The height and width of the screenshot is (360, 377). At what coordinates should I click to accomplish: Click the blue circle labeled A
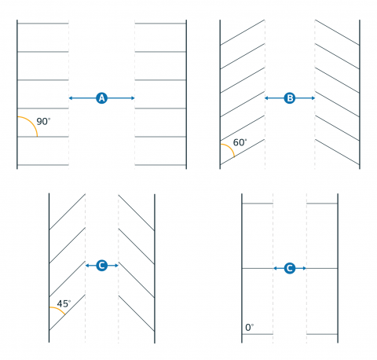tap(101, 98)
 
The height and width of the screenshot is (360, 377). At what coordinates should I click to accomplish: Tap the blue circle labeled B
tap(290, 98)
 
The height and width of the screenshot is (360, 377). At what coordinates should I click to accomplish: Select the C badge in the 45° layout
tap(102, 266)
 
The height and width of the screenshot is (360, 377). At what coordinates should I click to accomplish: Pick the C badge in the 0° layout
tap(290, 268)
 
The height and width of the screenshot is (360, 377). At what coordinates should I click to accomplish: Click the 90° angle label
tap(43, 122)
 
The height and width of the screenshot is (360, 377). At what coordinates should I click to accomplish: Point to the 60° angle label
tap(240, 142)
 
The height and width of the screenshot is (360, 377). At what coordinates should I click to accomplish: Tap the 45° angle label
tap(64, 303)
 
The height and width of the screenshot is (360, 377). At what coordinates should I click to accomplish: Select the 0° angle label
tap(249, 328)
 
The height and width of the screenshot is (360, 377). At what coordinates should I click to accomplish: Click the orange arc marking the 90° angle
tap(32, 122)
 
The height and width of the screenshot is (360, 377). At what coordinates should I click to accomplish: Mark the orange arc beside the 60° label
tap(230, 148)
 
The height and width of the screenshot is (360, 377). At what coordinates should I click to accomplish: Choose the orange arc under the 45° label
tap(59, 310)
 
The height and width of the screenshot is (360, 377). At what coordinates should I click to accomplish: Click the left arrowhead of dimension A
tap(71, 98)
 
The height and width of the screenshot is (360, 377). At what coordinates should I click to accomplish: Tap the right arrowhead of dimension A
tap(133, 98)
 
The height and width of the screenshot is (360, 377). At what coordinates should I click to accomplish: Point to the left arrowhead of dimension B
tap(266, 98)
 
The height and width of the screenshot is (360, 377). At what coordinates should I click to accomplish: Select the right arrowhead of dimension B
tap(313, 98)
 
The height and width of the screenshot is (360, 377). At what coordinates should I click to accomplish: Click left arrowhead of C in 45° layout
tap(87, 266)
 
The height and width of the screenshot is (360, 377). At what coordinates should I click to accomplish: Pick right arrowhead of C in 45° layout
tap(116, 266)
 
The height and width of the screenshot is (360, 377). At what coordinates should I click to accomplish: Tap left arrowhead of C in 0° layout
tap(275, 268)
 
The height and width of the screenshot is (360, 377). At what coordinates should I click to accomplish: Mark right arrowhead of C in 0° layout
tap(305, 268)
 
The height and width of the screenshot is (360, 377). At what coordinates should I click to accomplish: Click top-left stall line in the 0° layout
tap(258, 204)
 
